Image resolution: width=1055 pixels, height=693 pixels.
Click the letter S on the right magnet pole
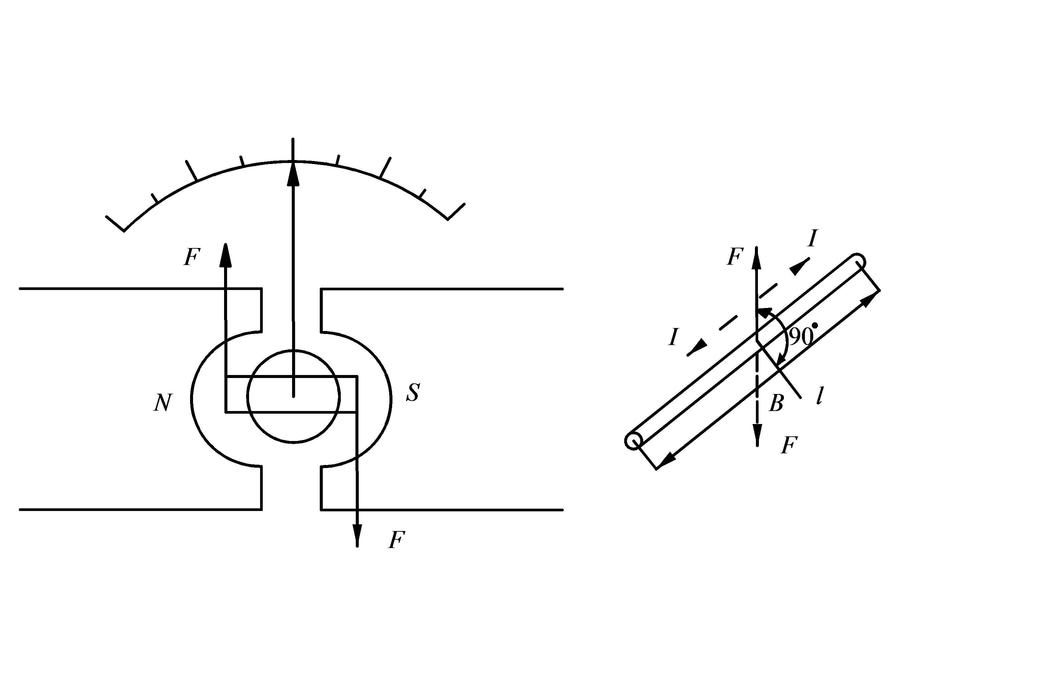coord(413,392)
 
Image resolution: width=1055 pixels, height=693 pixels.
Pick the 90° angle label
coord(802,337)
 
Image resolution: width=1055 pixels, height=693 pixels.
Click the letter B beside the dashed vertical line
coord(776,403)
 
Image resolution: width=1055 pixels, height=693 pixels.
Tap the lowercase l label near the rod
coord(820,396)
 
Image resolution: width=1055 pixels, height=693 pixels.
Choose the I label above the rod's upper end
coord(812,238)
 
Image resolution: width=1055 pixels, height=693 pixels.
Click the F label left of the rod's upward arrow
coord(735,257)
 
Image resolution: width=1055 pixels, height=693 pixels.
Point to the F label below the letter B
coord(789,445)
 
